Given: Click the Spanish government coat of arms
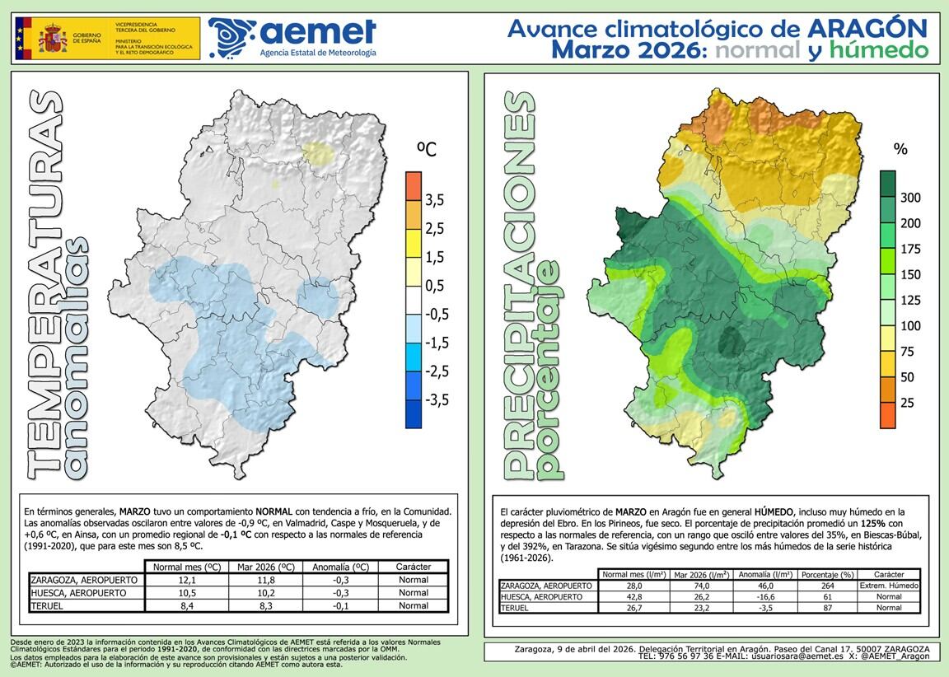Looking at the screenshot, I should click(54, 38).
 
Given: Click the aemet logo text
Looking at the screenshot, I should click(317, 33).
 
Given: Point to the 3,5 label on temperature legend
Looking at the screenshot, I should click(434, 200).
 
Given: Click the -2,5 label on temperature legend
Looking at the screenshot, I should click(436, 371).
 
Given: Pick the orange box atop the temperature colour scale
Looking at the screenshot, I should click(413, 185).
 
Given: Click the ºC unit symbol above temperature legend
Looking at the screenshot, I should click(426, 149).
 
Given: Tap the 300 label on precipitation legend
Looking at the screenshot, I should click(910, 198).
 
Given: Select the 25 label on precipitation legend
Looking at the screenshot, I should click(907, 403).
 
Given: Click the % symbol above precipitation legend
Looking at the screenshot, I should click(900, 149).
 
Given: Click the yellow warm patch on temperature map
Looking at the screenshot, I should click(318, 152).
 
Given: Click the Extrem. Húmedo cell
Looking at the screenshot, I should click(889, 586).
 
